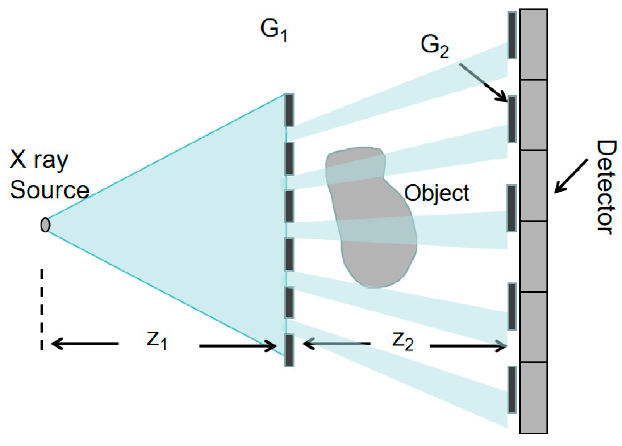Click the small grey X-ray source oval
coord(45,225)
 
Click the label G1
coord(274,30)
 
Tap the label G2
coord(434,46)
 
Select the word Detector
coord(606,188)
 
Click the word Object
coord(437,193)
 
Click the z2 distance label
coord(402,341)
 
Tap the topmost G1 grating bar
coord(289,110)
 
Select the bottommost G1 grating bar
coord(289,350)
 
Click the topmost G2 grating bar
coord(512,35)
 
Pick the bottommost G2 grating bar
coord(512,390)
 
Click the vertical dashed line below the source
coord(42,310)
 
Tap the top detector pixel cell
coord(533,45)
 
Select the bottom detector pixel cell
coord(533,397)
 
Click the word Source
coord(49,190)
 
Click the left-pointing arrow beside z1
coord(85,343)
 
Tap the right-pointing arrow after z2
coord(467,346)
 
